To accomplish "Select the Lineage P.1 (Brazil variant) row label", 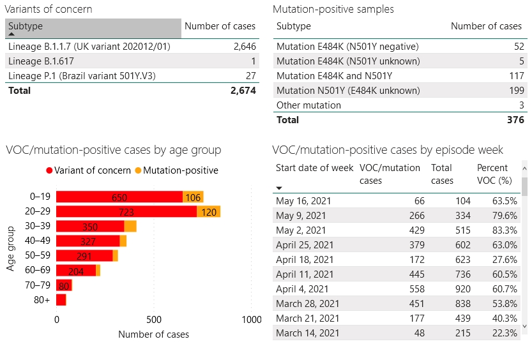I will (x=82, y=76).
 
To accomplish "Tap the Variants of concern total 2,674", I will (x=243, y=91).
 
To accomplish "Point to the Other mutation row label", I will (x=308, y=105).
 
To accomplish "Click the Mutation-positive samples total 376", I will (x=515, y=120).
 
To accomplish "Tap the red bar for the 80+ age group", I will (x=61, y=300).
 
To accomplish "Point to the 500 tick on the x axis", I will (x=154, y=319).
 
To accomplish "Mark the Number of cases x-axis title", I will (x=154, y=334).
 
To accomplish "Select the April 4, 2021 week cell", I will (x=302, y=289).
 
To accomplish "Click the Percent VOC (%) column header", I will (x=493, y=174).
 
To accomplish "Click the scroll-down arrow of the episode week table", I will (x=525, y=326).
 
